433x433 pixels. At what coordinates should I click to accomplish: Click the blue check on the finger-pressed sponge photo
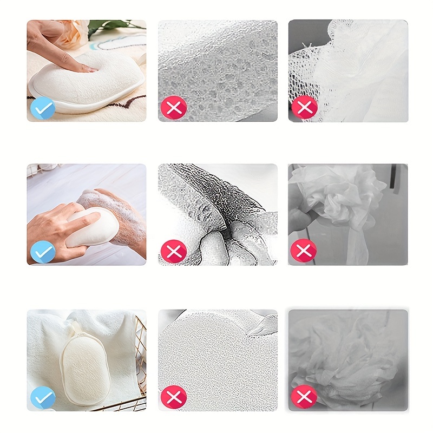tap(42, 108)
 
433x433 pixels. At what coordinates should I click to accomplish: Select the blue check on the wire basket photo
tap(42, 396)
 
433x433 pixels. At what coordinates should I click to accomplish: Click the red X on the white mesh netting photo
tap(304, 108)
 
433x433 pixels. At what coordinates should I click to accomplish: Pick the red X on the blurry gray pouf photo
tap(304, 396)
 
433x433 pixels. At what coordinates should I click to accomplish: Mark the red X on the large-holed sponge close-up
tap(173, 108)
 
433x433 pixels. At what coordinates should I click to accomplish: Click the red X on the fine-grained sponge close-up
tap(173, 396)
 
